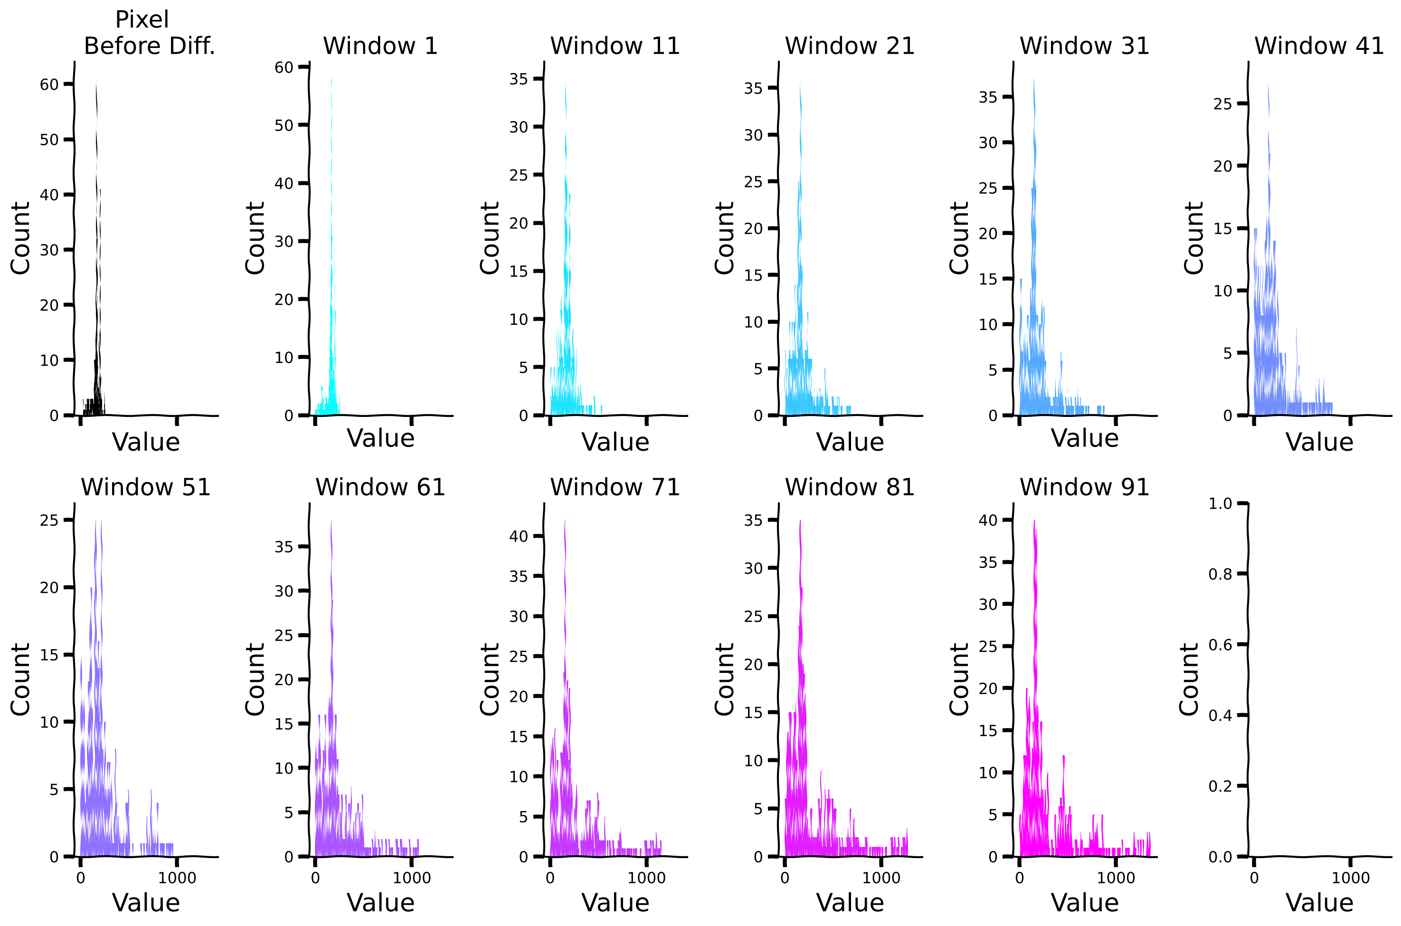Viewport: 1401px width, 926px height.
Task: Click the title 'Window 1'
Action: [x=380, y=46]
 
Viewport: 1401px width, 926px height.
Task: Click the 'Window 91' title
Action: [x=1084, y=487]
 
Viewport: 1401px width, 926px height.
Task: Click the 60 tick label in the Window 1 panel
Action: [x=284, y=67]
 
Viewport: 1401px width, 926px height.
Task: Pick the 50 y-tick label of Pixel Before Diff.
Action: [x=49, y=140]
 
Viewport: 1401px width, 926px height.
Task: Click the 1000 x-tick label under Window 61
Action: [x=412, y=878]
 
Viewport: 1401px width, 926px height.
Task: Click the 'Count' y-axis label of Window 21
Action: [x=724, y=238]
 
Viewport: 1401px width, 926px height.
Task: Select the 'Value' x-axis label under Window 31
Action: [x=1084, y=438]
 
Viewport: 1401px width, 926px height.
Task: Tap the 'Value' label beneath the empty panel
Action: [x=1319, y=903]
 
